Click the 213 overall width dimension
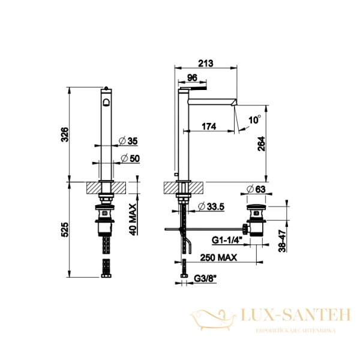205,63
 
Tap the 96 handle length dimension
192,77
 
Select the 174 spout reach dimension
209,126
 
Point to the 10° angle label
254,119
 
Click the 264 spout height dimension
261,144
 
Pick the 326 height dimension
65,134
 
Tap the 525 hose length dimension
65,230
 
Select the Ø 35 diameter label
128,141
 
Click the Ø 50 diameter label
130,158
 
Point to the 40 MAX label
133,220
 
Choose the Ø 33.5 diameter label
211,206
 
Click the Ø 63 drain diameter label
256,189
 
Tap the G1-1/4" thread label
227,241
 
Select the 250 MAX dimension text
218,257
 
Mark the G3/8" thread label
205,278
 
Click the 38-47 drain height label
282,241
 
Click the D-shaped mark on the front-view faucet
106,102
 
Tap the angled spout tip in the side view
234,102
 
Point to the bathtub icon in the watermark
213,319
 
